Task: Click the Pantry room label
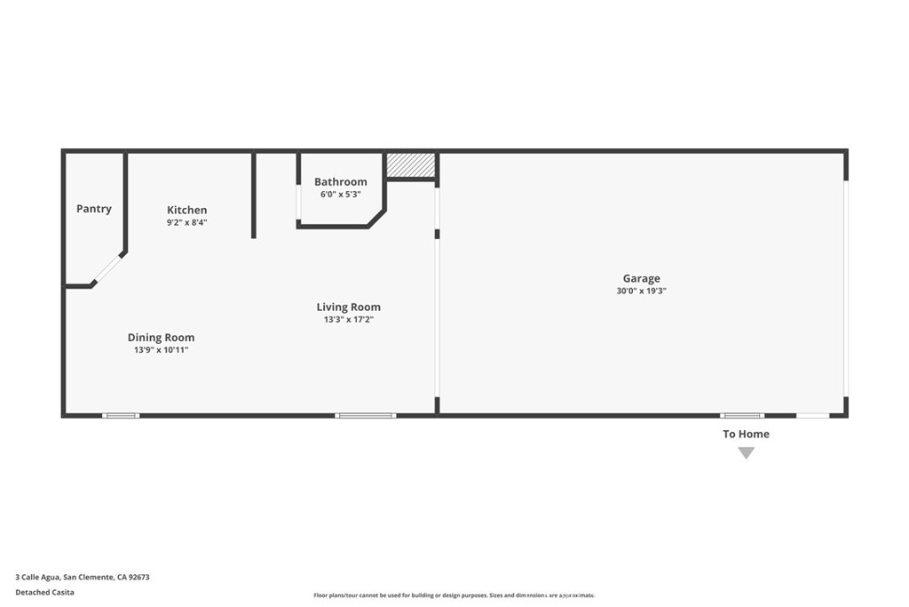(94, 209)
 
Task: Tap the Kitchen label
(187, 211)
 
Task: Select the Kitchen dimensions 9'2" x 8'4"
(187, 223)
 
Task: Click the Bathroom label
(341, 182)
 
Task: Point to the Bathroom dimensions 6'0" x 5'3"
(341, 195)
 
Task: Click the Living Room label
(349, 307)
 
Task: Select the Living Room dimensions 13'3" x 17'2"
(349, 320)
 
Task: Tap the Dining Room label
(161, 338)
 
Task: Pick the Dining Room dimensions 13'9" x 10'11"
(161, 350)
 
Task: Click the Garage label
(641, 279)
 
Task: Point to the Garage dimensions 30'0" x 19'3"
(641, 291)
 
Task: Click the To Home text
(746, 435)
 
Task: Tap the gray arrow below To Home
(747, 453)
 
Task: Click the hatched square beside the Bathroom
(411, 165)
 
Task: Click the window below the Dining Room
(121, 415)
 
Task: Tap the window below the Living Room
(366, 415)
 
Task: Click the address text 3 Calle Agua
(83, 577)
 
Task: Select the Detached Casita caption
(45, 592)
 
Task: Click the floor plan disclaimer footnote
(454, 595)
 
